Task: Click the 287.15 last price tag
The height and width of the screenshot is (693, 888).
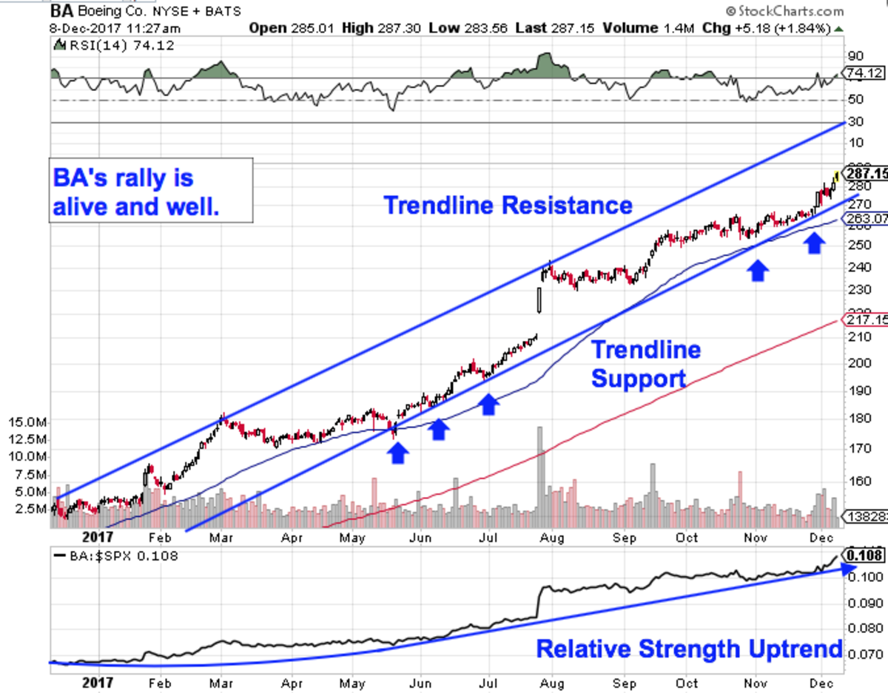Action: click(x=867, y=173)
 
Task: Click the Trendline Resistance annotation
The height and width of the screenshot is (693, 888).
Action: click(x=508, y=204)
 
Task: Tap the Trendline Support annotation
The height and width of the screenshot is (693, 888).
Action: click(x=645, y=363)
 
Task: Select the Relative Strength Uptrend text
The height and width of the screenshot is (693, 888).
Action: click(x=689, y=649)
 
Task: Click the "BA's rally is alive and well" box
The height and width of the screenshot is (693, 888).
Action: click(x=152, y=190)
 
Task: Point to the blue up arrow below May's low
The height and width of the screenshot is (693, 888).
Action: click(x=398, y=452)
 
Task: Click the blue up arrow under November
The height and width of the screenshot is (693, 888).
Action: click(x=756, y=271)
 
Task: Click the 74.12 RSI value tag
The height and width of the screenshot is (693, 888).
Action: click(x=864, y=73)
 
